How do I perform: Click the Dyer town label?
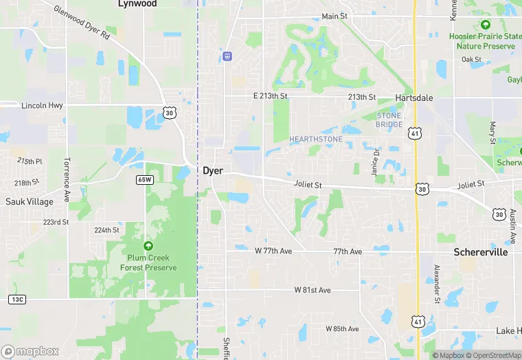[x=213, y=170]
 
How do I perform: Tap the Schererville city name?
[x=481, y=252]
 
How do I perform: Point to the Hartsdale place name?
[x=414, y=98]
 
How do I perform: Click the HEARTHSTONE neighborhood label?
[x=316, y=139]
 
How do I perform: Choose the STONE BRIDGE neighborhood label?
[x=389, y=120]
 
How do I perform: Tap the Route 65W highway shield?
[x=144, y=179]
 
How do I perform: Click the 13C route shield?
[x=18, y=299]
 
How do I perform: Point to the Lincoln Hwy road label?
[x=43, y=106]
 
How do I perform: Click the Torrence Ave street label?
[x=67, y=177]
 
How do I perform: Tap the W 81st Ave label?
[x=313, y=290]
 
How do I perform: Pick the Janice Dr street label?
[x=376, y=161]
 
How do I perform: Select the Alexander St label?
[x=436, y=283]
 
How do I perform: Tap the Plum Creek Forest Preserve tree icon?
[x=148, y=246]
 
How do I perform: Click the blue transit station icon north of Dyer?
[x=228, y=56]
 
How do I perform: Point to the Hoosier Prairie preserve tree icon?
[x=486, y=25]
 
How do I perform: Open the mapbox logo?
[x=30, y=351]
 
